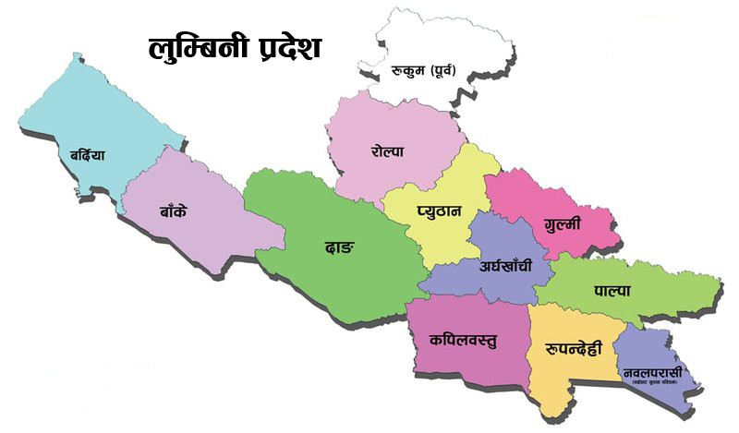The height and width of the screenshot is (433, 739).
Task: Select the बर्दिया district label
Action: tap(80, 154)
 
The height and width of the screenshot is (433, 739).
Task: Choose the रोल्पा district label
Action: tap(388, 150)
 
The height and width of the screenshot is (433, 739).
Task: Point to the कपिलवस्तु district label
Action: tap(463, 339)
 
